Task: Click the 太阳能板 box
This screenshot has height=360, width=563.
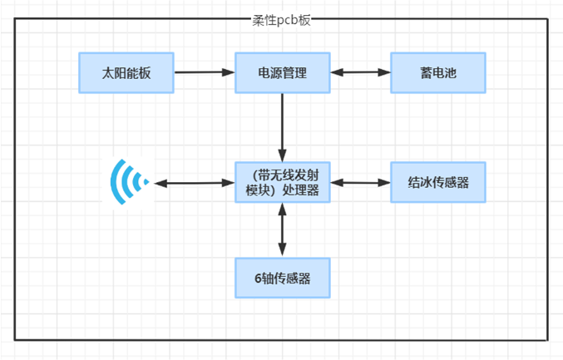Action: [126, 73]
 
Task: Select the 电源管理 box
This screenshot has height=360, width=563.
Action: [283, 73]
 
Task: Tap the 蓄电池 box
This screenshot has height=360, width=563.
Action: [438, 73]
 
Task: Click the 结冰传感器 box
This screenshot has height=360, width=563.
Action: [438, 182]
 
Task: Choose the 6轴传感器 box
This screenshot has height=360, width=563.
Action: [283, 278]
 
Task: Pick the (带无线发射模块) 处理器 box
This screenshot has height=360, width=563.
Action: [283, 182]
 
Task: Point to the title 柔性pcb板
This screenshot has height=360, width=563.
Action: [281, 21]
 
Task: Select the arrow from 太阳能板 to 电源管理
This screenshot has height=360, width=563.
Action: [205, 72]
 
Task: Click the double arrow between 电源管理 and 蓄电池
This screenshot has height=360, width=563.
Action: [360, 72]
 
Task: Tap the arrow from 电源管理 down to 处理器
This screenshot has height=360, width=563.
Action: [283, 127]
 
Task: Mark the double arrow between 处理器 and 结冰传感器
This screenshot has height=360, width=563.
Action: [360, 183]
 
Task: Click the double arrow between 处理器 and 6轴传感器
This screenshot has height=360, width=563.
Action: [283, 230]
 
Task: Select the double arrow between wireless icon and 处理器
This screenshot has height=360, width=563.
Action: [195, 183]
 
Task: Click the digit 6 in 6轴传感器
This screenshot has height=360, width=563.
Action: [258, 279]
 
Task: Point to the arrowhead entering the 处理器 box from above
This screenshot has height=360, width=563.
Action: [283, 156]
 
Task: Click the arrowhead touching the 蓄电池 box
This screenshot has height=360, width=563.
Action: [384, 72]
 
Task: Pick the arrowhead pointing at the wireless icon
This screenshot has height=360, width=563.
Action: [161, 184]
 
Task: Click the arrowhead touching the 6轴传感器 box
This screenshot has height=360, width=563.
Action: [283, 251]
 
